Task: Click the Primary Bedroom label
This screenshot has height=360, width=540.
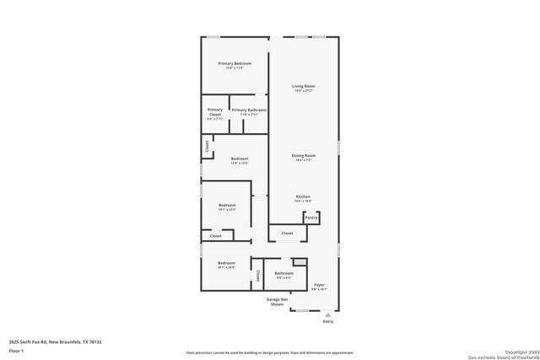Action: tap(235, 64)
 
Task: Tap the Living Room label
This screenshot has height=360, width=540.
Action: tap(304, 86)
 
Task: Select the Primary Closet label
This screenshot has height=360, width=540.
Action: tap(215, 114)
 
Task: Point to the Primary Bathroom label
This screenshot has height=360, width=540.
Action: tap(249, 110)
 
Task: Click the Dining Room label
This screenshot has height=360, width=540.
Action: tap(304, 155)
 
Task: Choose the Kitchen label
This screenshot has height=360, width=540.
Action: tap(304, 196)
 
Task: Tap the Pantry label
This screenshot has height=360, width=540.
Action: tap(311, 218)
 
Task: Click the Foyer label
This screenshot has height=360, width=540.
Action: tap(320, 285)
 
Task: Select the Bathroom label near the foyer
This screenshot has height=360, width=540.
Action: tap(284, 273)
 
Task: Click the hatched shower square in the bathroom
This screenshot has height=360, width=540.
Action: tap(298, 262)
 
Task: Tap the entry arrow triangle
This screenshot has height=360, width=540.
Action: tap(328, 314)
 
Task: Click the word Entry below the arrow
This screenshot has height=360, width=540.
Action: tap(328, 322)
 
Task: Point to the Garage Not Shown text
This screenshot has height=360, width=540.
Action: tap(278, 302)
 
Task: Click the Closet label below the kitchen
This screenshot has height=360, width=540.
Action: tap(287, 233)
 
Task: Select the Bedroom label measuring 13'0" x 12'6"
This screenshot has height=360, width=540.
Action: tap(240, 159)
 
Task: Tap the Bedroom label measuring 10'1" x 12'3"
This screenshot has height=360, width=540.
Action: tap(227, 205)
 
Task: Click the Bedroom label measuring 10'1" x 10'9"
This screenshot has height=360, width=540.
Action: tap(226, 263)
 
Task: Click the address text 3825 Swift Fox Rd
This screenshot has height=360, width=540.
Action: tap(55, 342)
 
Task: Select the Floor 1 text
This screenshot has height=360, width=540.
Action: tap(15, 350)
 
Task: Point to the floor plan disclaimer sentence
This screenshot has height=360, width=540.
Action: tap(270, 352)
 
